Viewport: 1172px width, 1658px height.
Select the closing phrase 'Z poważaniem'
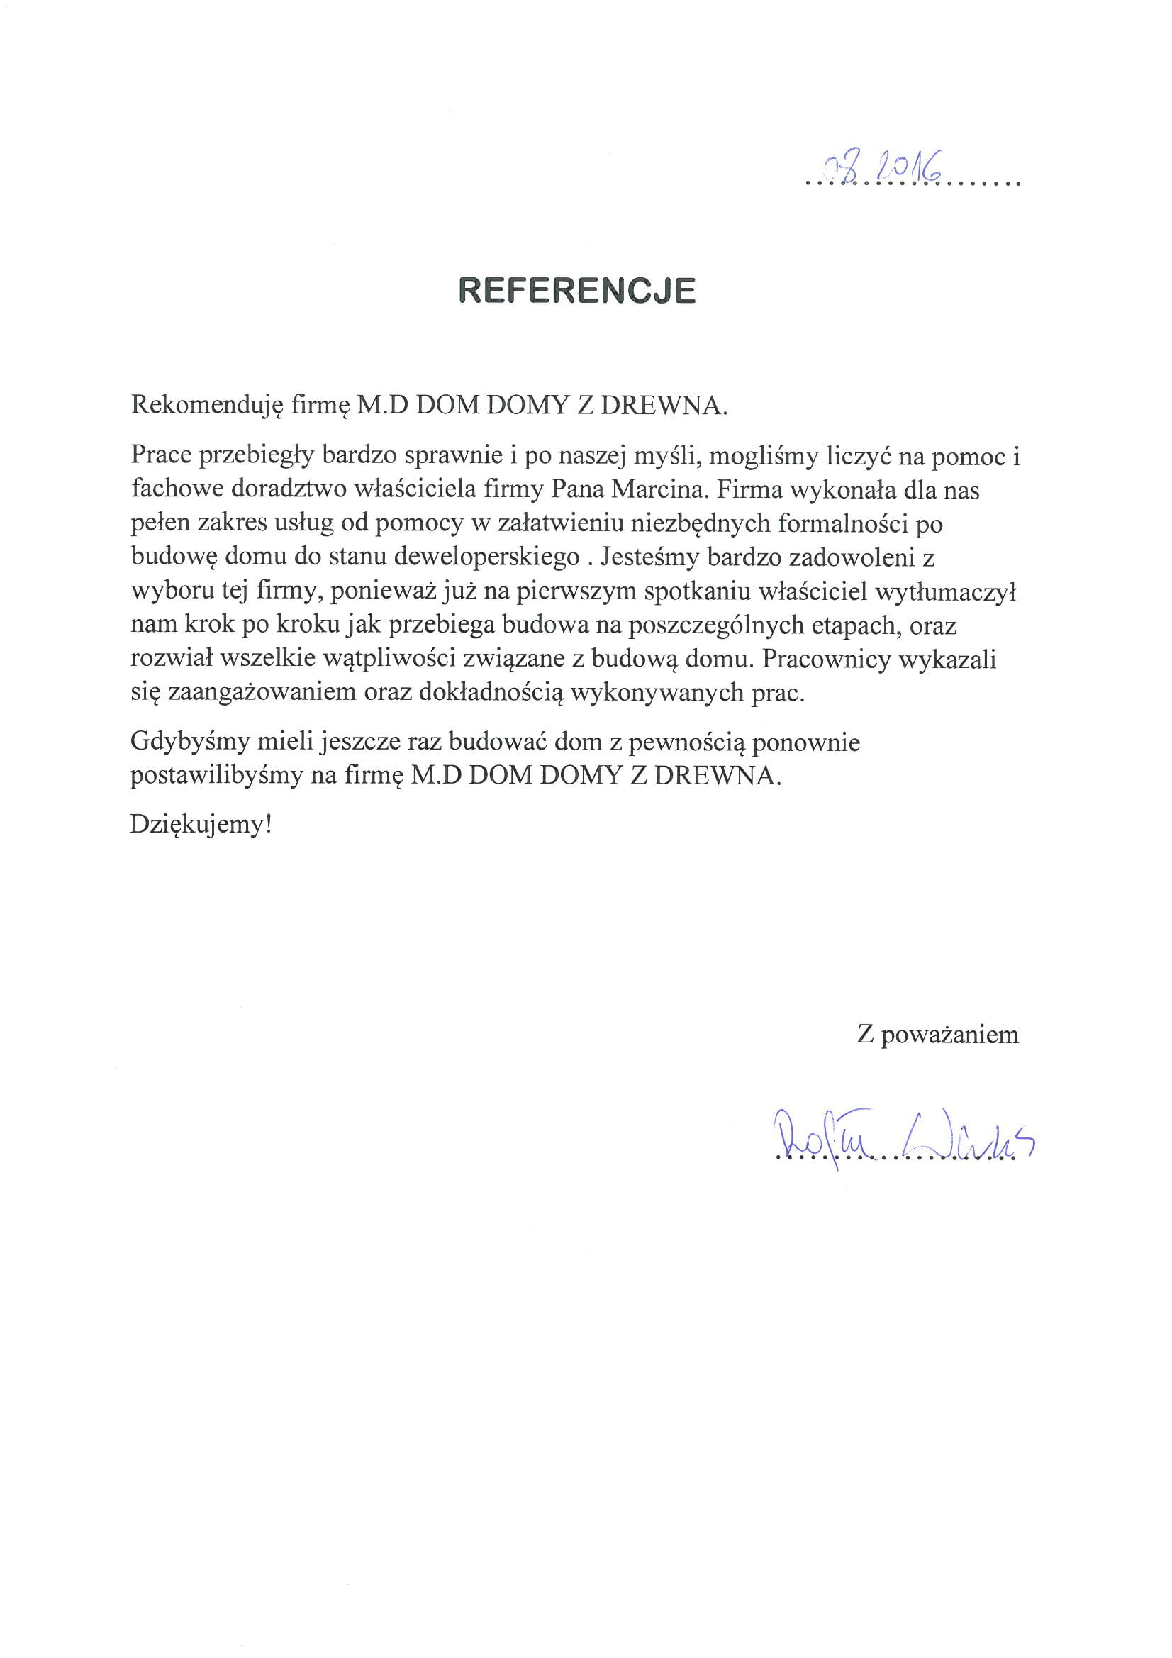tap(937, 1035)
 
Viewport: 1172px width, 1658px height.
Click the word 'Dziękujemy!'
tap(201, 825)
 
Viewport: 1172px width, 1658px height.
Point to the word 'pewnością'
tap(691, 742)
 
